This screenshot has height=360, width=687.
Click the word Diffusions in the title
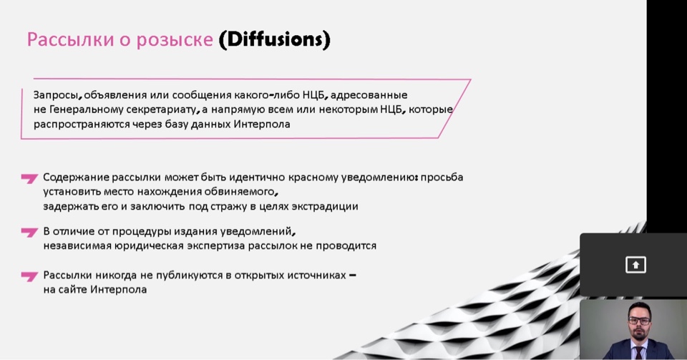[x=274, y=39]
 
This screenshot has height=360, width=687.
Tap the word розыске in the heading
[x=175, y=40]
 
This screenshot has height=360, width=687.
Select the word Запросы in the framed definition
[x=57, y=95]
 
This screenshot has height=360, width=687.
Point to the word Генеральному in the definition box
[x=85, y=110]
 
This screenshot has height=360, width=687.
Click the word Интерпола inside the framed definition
[x=262, y=124]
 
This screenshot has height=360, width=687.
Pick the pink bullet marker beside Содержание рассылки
[x=29, y=178]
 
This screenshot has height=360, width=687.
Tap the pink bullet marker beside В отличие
[x=29, y=232]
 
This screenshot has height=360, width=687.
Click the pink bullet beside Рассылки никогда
[x=29, y=276]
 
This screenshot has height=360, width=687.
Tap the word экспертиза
[x=216, y=245]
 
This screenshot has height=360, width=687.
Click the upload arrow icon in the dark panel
[x=635, y=265]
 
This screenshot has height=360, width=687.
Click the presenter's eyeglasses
[x=639, y=321]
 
